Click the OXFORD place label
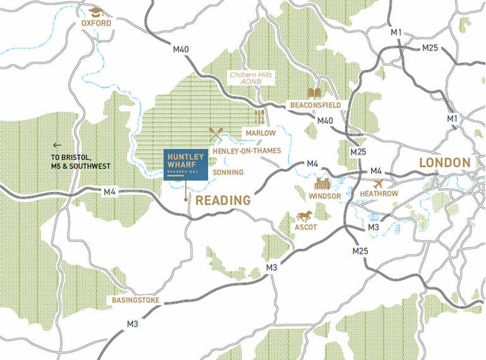(x=96, y=23)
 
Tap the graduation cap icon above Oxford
(x=95, y=12)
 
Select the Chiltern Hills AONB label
(x=250, y=78)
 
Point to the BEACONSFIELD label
(x=315, y=104)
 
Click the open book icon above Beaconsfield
(x=315, y=93)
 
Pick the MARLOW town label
(x=261, y=133)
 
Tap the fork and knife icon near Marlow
(x=259, y=116)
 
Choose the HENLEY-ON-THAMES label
(x=247, y=152)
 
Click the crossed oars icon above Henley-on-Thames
(x=216, y=134)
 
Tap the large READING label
(x=223, y=200)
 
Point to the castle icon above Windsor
(x=324, y=184)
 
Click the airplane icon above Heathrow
(x=379, y=183)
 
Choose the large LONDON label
(x=445, y=162)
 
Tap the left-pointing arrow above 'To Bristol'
(x=57, y=145)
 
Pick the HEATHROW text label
(x=379, y=194)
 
